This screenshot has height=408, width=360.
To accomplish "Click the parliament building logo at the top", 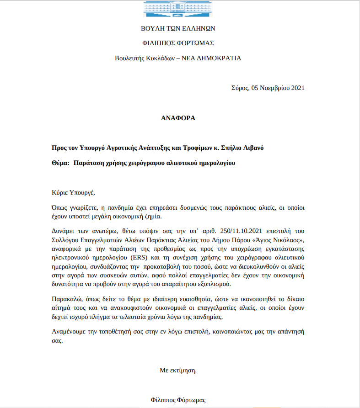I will (178, 8).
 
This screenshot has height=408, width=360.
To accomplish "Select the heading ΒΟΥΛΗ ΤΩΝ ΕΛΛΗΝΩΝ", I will (178, 28).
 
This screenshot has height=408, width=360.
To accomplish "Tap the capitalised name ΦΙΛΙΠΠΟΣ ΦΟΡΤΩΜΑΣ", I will (178, 43).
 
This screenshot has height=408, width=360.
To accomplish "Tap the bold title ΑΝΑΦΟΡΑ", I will (178, 118).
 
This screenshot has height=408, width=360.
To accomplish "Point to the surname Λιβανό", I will (251, 148).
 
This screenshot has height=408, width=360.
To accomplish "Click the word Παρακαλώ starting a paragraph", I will (66, 299).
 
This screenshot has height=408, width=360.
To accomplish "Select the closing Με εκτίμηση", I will (178, 370).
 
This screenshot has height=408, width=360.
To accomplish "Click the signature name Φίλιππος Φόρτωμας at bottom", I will (178, 400).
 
